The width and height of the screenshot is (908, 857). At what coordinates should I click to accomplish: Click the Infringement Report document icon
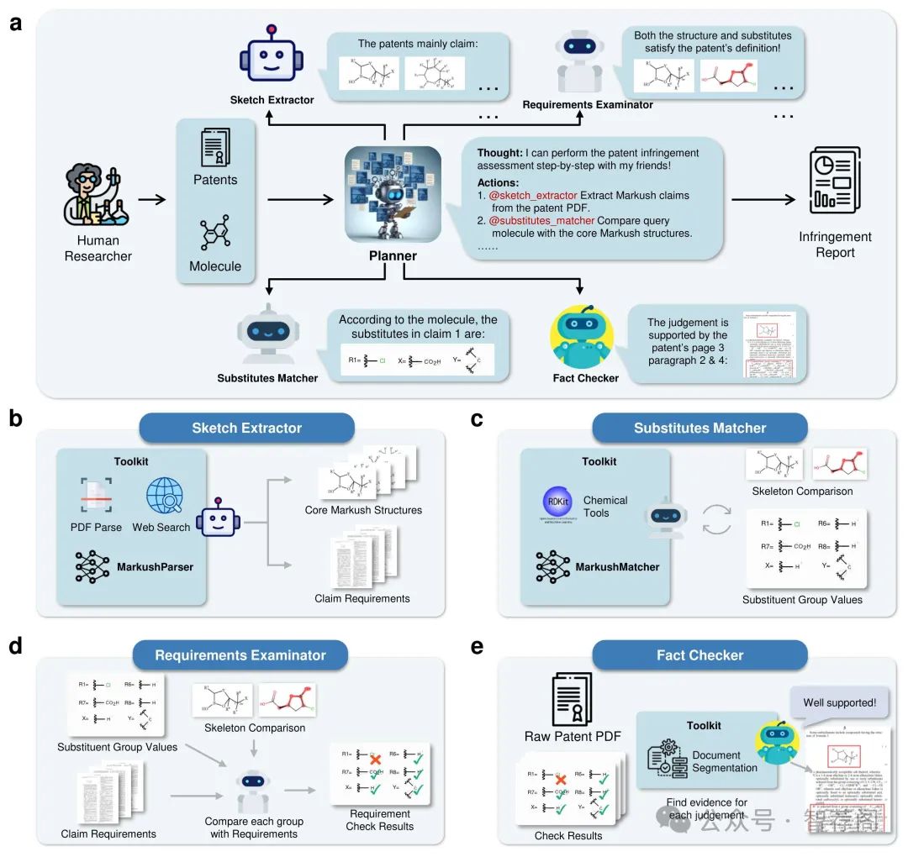[834, 180]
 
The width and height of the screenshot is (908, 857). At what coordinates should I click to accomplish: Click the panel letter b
[14, 418]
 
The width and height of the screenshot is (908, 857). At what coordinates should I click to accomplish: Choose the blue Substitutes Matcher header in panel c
[699, 428]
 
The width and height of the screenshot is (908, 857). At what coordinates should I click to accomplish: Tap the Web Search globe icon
[165, 496]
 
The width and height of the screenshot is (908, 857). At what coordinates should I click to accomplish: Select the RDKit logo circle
[557, 502]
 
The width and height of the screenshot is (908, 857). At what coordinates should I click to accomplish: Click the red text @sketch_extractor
[533, 196]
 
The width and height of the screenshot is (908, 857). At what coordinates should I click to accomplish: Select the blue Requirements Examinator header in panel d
[240, 655]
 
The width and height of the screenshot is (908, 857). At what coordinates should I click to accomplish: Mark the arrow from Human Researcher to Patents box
[152, 200]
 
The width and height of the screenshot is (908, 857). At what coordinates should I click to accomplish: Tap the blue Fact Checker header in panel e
[699, 655]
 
